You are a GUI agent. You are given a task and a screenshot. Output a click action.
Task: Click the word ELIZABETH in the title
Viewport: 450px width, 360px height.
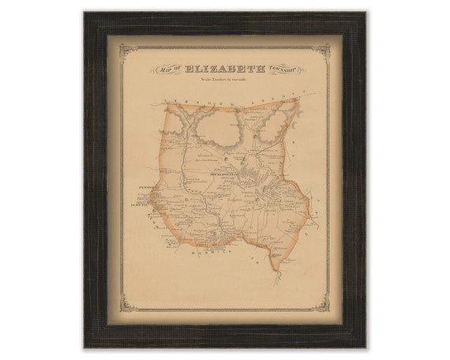tap(230, 69)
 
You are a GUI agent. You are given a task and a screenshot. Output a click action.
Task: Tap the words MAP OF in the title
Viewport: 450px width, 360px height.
tap(171, 70)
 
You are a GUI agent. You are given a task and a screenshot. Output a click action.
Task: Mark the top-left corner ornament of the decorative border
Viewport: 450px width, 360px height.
tap(125, 49)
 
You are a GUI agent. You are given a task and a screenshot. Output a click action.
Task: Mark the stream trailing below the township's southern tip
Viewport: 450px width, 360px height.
tap(276, 272)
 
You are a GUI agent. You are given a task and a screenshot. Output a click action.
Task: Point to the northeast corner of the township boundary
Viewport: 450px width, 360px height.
tap(298, 100)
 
